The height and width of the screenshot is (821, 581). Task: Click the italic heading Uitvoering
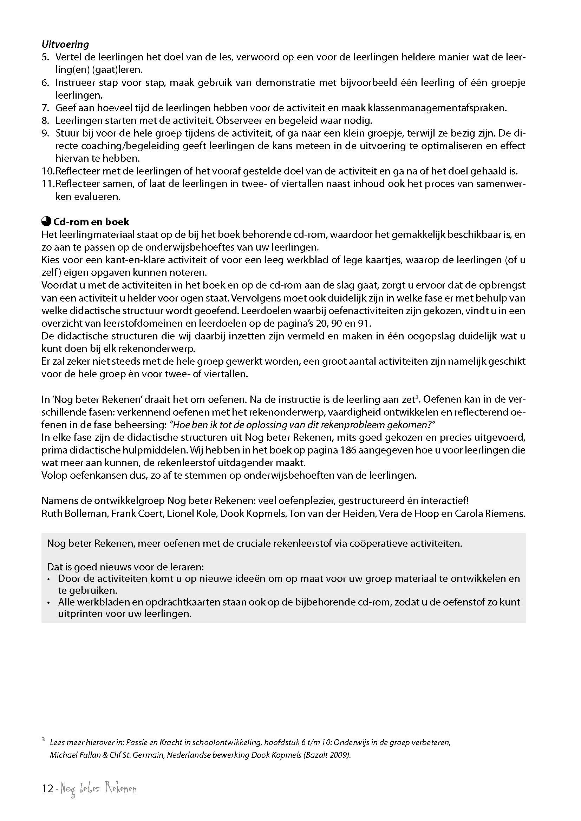[x=65, y=44]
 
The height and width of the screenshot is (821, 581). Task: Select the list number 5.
[x=45, y=57]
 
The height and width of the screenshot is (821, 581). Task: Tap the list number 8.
[x=45, y=120]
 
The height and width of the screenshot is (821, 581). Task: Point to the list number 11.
[x=47, y=184]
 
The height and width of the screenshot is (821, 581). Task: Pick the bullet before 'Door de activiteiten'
[x=49, y=579]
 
